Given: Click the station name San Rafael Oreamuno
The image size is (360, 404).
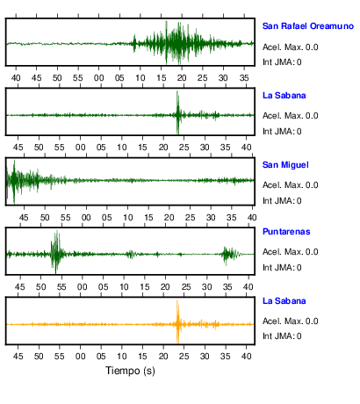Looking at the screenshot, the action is [308, 26].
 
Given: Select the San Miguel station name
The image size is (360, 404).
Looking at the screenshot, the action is [285, 165].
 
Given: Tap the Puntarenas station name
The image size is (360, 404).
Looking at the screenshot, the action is [286, 232].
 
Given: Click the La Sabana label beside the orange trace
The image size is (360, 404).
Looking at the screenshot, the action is [284, 301].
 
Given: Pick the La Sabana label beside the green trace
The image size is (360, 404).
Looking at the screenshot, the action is [284, 96].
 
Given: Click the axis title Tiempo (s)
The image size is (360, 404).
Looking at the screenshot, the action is [130, 371].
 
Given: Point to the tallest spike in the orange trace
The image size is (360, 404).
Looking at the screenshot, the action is [177, 321].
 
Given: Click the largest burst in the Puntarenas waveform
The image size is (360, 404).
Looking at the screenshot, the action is [56, 252].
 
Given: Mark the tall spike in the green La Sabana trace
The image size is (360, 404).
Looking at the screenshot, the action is [177, 112].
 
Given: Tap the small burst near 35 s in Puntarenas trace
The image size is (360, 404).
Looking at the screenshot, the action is [228, 254].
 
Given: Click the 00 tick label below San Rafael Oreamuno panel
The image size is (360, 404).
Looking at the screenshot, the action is [98, 78].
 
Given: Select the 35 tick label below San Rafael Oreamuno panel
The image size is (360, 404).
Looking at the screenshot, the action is [244, 78].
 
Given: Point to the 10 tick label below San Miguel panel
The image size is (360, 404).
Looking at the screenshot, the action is [127, 218].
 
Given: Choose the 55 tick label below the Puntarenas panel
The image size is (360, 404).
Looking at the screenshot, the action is [61, 287].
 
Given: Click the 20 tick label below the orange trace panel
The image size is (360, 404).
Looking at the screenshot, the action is [163, 357].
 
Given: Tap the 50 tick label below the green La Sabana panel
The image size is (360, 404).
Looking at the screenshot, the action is [39, 148].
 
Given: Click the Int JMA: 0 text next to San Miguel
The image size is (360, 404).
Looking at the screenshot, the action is [282, 201].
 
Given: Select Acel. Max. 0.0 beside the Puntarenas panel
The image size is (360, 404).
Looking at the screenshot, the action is [290, 252].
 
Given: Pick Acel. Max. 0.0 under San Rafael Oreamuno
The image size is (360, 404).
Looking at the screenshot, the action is [290, 47].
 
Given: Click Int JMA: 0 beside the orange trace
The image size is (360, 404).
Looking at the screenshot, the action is [282, 335].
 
